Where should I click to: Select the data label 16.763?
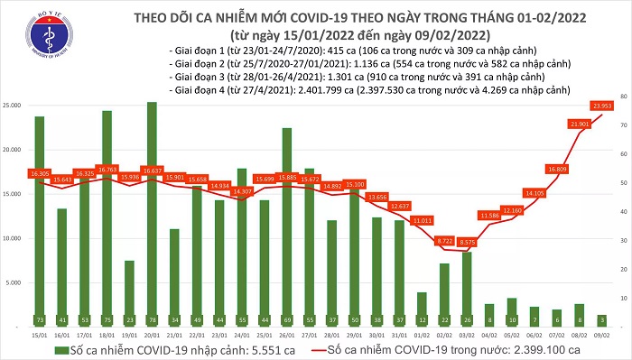tap(107, 168)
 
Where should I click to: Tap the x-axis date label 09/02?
tap(601, 336)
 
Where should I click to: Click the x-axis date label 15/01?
tap(39, 336)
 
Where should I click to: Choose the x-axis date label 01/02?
tap(421, 336)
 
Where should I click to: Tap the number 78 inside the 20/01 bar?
tap(152, 320)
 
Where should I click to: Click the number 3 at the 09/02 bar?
tap(601, 320)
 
